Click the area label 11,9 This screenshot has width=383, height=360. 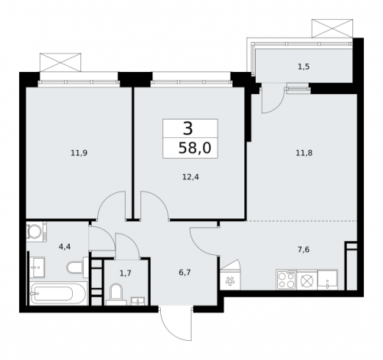(79, 152)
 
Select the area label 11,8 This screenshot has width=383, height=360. (303, 152)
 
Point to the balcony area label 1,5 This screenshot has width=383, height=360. (303, 67)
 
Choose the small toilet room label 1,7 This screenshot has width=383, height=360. (125, 272)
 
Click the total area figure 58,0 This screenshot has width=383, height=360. (191, 146)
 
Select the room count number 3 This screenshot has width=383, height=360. (188, 127)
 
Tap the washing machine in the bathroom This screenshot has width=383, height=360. (36, 232)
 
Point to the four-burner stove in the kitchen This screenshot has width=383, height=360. (286, 280)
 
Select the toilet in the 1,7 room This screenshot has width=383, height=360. (116, 292)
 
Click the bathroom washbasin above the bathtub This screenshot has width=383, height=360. (38, 266)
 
